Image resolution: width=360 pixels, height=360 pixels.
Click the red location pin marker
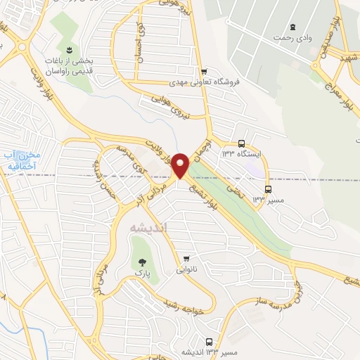pyautogui.click(x=181, y=166)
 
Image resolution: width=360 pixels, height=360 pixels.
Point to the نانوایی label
pyautogui.click(x=186, y=269)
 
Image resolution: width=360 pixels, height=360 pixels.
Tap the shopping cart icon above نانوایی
pyautogui.click(x=186, y=258)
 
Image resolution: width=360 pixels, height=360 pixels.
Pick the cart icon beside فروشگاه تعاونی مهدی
pyautogui.click(x=204, y=71)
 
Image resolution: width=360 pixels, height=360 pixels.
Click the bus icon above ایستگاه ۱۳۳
pyautogui.click(x=241, y=141)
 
